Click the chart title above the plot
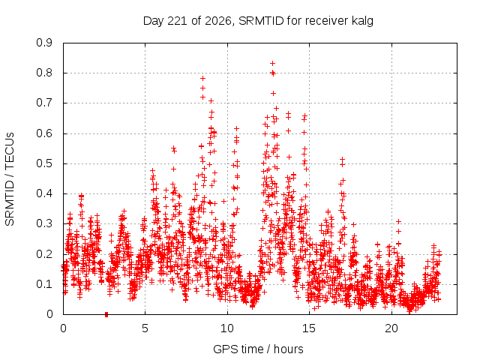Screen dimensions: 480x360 click(258, 21)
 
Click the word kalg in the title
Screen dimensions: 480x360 click(362, 21)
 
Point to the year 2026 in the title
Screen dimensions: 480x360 click(218, 21)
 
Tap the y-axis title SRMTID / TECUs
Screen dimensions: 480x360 click(10, 179)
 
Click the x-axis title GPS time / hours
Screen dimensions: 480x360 click(258, 349)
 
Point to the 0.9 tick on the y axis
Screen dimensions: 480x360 click(44, 43)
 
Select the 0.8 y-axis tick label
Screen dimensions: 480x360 click(44, 73)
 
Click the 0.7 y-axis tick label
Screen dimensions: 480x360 click(44, 103)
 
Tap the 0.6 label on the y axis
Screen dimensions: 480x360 click(44, 133)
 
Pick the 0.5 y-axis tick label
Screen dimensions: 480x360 click(44, 163)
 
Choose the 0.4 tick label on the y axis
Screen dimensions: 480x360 click(44, 193)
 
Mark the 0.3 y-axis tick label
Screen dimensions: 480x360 click(44, 223)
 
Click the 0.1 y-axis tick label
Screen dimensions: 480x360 click(44, 284)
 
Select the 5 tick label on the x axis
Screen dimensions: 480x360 click(145, 328)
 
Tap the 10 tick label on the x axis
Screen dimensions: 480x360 click(227, 328)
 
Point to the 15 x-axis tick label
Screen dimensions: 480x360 click(309, 328)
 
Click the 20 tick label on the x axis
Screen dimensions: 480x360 click(391, 328)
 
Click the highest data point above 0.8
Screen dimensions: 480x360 click(272, 63)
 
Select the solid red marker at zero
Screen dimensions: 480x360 click(106, 314)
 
